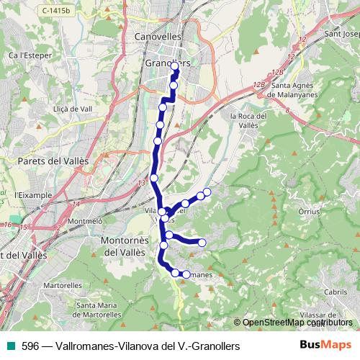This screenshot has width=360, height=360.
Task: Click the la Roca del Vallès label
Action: pos(248,120)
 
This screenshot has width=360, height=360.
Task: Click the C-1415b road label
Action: pos(58,11)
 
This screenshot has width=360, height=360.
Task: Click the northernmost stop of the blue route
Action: pos(174,66)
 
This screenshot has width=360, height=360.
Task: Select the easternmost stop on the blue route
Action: pos(207,191)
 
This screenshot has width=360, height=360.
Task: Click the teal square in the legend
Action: pos(9,346)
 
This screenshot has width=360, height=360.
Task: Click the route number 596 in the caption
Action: pos(30,346)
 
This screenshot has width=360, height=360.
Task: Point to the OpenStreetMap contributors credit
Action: pos(295,323)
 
